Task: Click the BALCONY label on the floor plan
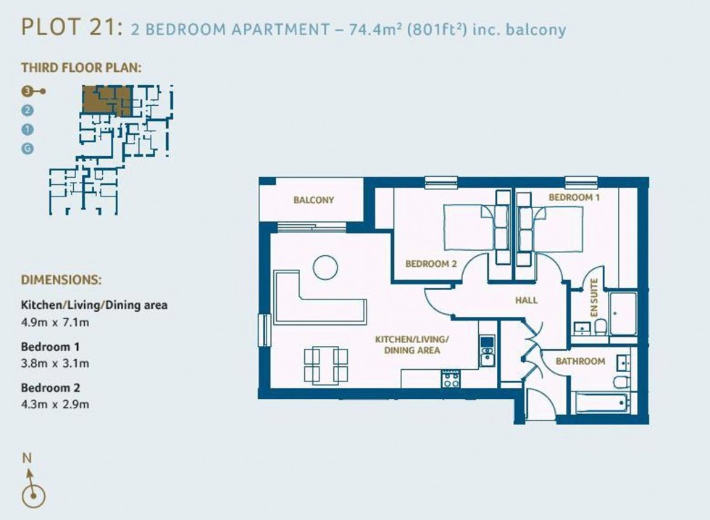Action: click(x=313, y=200)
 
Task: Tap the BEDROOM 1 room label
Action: click(x=574, y=197)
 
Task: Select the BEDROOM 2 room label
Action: click(x=430, y=264)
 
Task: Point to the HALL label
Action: click(x=526, y=300)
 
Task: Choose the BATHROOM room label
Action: click(x=580, y=361)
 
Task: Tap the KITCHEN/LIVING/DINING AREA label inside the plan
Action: click(x=412, y=344)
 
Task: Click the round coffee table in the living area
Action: click(x=325, y=268)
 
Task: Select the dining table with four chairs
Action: click(x=325, y=364)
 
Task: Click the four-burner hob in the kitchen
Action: click(x=451, y=379)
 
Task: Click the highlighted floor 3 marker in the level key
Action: click(x=28, y=91)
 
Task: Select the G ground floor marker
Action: click(x=28, y=149)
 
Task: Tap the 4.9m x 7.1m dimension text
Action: click(x=55, y=322)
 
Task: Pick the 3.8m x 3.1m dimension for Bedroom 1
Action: click(x=55, y=363)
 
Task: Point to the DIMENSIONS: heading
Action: click(x=61, y=279)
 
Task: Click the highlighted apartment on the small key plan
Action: click(x=106, y=99)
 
